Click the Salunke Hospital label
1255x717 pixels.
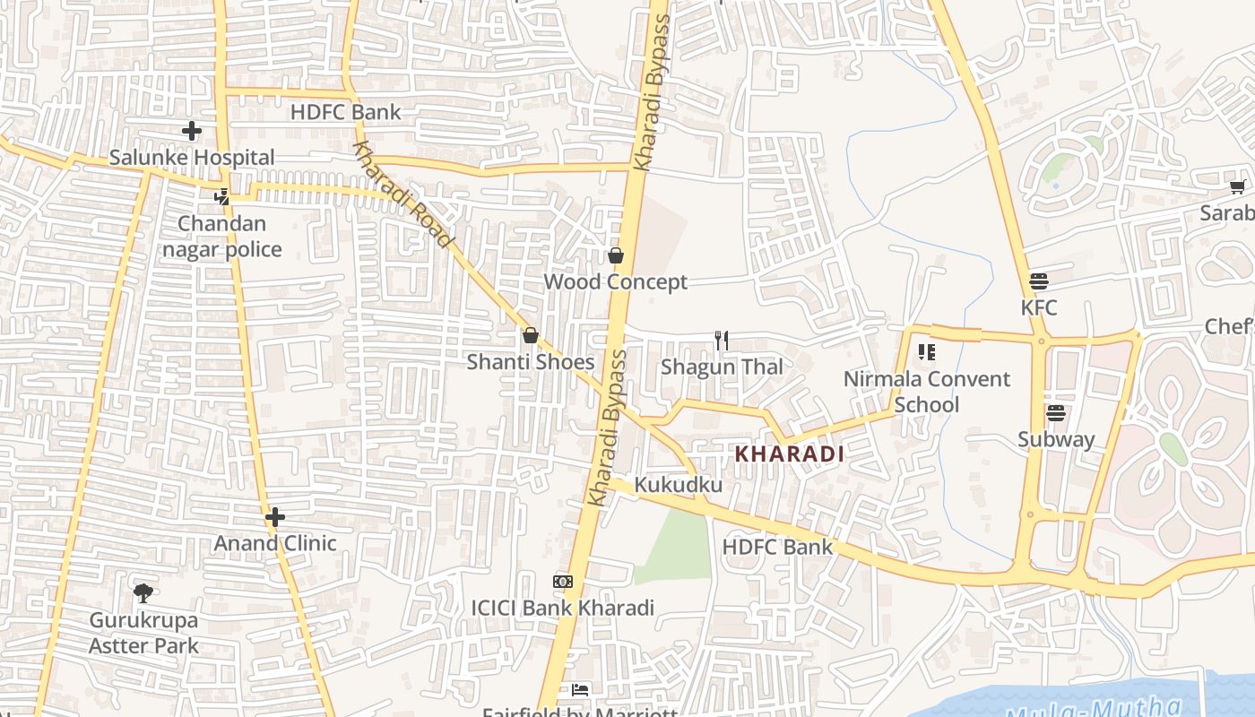click(192, 158)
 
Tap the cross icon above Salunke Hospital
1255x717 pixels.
click(192, 132)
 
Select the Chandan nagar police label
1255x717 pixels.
click(222, 237)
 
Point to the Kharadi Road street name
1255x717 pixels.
click(402, 194)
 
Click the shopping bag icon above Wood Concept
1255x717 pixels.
click(616, 255)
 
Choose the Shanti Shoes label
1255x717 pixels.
click(530, 362)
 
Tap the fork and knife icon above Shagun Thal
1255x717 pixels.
click(721, 341)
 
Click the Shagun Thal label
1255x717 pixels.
click(722, 367)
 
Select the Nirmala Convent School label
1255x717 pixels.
click(926, 392)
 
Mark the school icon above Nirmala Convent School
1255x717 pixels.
click(926, 352)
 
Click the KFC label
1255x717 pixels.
click(1039, 307)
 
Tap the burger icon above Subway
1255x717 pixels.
click(1056, 413)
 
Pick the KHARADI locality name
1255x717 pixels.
click(790, 454)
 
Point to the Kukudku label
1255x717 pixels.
click(679, 485)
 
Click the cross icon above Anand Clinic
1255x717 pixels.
click(275, 517)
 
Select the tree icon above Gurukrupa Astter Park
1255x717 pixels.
click(143, 592)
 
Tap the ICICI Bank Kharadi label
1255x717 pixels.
click(563, 608)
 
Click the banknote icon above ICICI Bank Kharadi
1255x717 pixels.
click(563, 582)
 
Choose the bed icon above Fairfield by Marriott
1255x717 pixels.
click(580, 689)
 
